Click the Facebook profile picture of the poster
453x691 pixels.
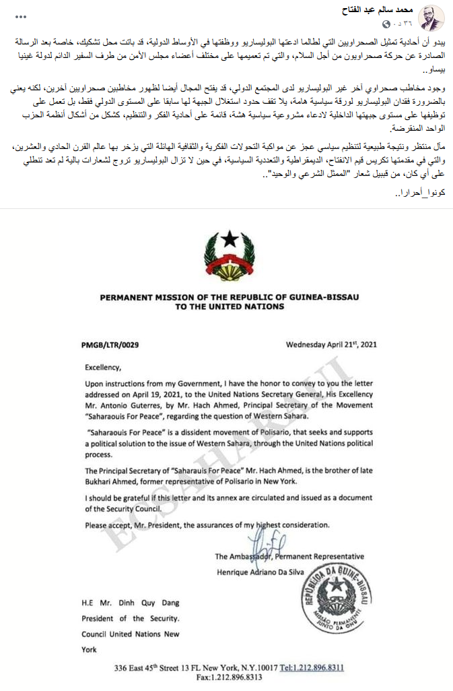tap(431, 18)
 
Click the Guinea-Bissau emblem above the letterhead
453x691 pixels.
tap(226, 256)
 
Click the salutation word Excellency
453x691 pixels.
tap(104, 368)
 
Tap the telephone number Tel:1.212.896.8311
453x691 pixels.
tap(312, 667)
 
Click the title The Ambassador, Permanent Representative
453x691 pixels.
tap(289, 556)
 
